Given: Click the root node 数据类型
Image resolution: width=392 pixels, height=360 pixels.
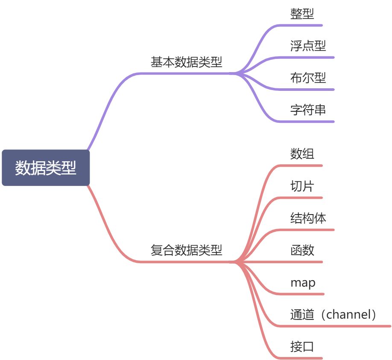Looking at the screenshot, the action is coord(46,168).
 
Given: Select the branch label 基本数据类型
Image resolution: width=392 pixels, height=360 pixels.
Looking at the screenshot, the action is coord(186,62).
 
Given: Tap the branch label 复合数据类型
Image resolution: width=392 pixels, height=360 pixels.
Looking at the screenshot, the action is coord(186,250).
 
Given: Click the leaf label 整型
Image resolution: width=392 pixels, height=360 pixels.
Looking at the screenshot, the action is coord(302,14).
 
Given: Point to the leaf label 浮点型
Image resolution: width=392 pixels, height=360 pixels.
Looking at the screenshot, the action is coord(308,46).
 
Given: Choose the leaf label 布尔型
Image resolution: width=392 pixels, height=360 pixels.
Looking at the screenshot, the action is coord(308,78).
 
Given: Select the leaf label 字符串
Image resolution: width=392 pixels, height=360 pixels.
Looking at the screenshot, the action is coord(308,110).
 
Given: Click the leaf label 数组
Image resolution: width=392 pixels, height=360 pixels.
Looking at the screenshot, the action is coord(302,154).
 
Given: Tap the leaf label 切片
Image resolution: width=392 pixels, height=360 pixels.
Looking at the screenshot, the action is coord(302,186).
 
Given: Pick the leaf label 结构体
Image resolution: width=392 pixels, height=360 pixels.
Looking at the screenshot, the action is coord(308,218).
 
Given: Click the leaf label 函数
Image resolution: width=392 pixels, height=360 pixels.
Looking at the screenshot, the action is coord(302,250).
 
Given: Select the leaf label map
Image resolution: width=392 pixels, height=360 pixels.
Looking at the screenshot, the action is coord(303,283).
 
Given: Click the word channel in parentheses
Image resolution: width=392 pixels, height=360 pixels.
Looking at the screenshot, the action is coord(348,314).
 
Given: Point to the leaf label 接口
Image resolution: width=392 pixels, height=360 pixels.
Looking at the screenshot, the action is coord(302,346).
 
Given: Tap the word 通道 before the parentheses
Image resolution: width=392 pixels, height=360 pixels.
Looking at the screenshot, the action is coord(302,314).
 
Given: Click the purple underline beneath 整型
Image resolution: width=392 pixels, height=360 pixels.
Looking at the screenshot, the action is coord(301,26).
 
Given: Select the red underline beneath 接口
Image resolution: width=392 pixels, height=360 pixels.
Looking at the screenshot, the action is coord(301,358).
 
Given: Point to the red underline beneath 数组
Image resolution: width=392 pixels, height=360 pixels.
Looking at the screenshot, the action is coord(301,165).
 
